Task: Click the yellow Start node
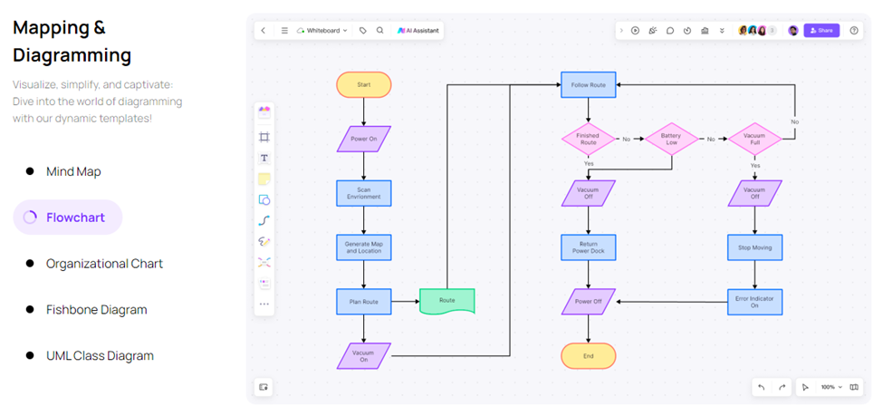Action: tap(363, 85)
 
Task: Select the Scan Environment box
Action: tap(363, 193)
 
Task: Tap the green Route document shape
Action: tap(446, 301)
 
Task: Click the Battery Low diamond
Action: tap(670, 139)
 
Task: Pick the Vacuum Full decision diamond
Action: tap(754, 139)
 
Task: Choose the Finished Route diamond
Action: tap(588, 139)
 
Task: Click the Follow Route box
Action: tap(588, 85)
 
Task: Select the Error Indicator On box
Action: tap(754, 301)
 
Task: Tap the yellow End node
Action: tap(588, 355)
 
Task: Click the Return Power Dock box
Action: tap(588, 247)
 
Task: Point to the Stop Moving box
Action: tap(754, 247)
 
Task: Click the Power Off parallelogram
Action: tap(588, 301)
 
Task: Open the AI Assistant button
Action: tap(418, 30)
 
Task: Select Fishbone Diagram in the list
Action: tap(96, 310)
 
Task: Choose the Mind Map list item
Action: tap(73, 171)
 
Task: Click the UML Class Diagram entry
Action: tap(100, 356)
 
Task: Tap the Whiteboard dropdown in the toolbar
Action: tap(322, 30)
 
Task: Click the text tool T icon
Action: tap(264, 158)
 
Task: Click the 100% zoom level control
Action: tap(831, 387)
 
